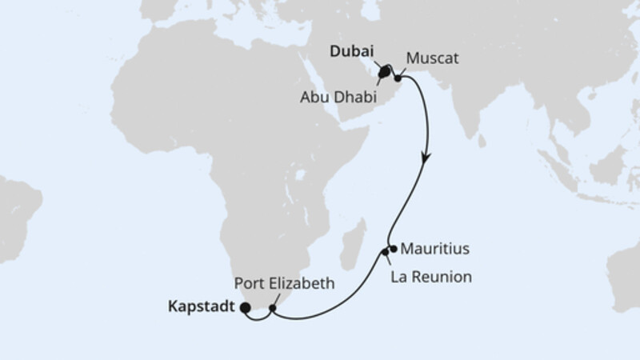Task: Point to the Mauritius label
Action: coord(435,249)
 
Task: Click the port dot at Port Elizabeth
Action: coord(273,307)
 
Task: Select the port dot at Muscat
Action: coord(398,78)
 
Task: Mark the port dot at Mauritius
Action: coord(393,248)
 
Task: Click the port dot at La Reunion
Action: coord(385,253)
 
